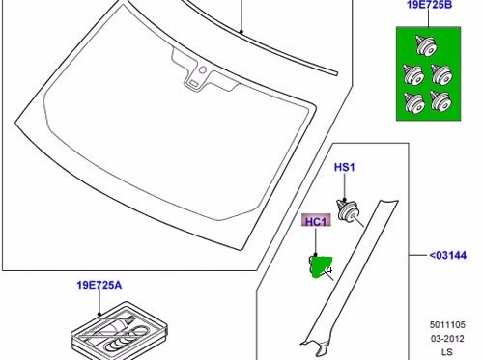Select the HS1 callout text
coord(345,168)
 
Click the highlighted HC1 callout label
coord(315,221)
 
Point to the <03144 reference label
coord(448,255)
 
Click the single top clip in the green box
coord(421,44)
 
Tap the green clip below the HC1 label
coord(319,264)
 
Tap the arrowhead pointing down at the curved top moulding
coord(240,32)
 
